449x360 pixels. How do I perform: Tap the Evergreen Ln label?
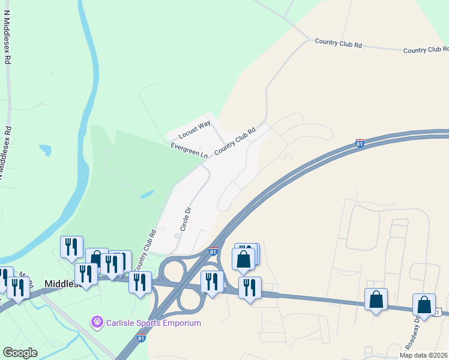(188, 150)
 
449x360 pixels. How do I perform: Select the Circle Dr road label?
(185, 220)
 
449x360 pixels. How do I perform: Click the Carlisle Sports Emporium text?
(153, 323)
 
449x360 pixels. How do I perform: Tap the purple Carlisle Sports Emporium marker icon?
(97, 323)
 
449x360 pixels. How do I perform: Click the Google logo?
(20, 353)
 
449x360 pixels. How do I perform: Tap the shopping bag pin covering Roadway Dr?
(424, 305)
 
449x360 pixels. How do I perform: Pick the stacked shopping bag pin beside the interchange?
(244, 259)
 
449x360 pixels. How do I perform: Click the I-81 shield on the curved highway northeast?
(360, 143)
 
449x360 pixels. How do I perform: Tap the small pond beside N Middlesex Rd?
(45, 149)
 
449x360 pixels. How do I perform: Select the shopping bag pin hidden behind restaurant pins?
(96, 257)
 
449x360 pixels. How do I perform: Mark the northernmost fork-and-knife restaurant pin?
(71, 246)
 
